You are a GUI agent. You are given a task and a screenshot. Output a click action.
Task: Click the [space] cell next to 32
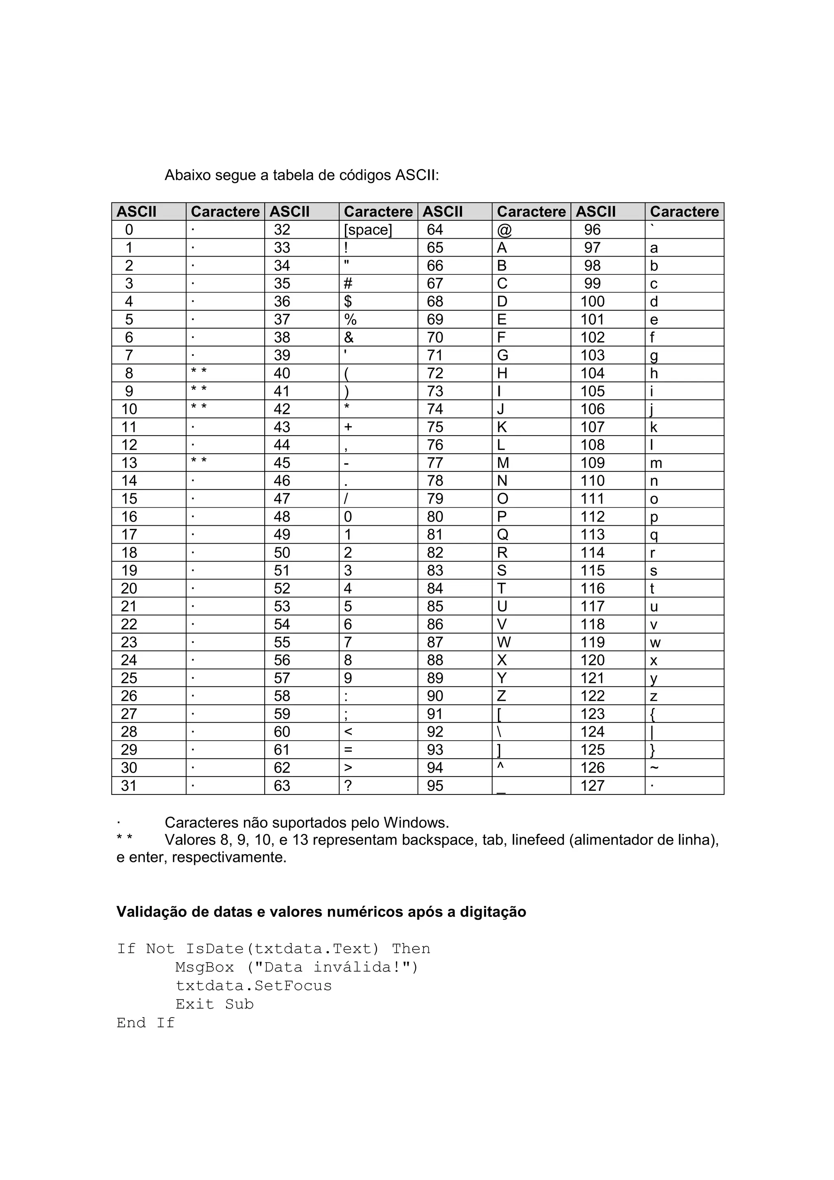(367, 230)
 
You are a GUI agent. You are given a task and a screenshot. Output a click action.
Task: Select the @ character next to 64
(504, 230)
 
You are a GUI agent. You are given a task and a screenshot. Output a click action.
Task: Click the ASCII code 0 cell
(129, 230)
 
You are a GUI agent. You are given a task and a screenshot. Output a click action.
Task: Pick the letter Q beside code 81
(502, 535)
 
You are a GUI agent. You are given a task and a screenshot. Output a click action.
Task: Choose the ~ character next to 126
(654, 768)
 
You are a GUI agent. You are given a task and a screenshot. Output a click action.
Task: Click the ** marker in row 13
(199, 461)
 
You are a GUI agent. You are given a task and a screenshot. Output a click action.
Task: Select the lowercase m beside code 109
(656, 463)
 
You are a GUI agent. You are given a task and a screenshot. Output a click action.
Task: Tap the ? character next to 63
(348, 785)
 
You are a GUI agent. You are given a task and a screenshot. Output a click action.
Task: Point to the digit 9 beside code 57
(348, 678)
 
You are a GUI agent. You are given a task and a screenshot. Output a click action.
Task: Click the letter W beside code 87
(504, 643)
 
